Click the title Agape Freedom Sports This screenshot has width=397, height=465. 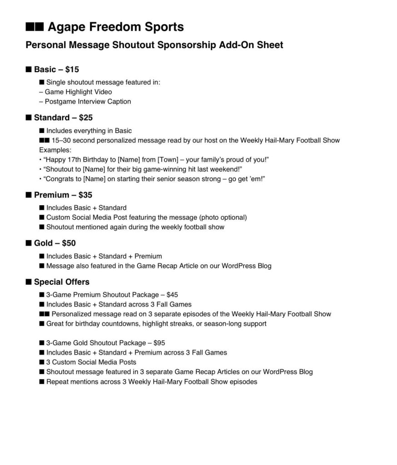click(115, 27)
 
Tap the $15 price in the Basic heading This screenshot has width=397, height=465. click(72, 69)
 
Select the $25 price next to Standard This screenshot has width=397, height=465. click(85, 118)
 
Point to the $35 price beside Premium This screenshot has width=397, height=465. click(85, 195)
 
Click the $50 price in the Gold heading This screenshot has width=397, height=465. click(69, 243)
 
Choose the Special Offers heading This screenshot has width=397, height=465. click(61, 282)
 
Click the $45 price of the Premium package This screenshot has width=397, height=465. click(172, 295)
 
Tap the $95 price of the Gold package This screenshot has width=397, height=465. click(159, 343)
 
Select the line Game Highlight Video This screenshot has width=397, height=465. click(78, 92)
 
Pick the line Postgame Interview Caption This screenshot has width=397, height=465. click(88, 102)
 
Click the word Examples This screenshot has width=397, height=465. click(55, 150)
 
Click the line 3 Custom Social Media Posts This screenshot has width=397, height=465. click(91, 362)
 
